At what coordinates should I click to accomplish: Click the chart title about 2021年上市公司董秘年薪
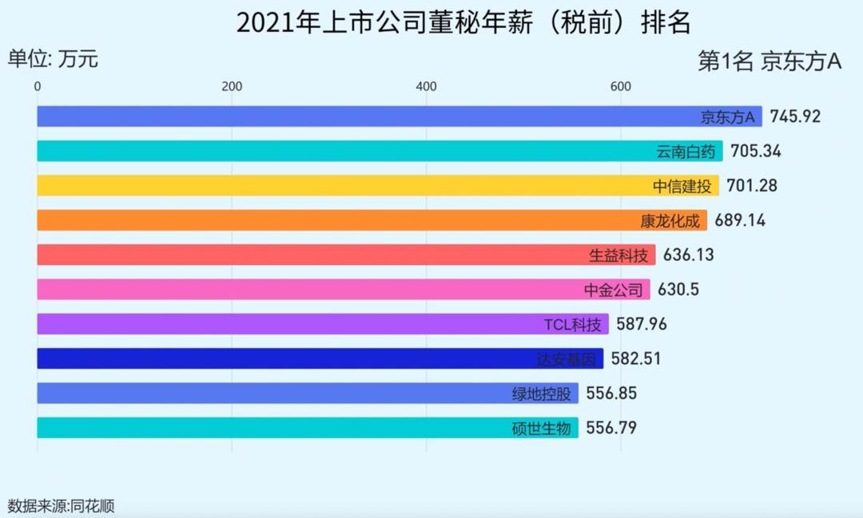[463, 23]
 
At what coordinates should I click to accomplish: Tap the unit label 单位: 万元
[53, 59]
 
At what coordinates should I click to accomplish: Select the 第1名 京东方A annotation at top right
[770, 62]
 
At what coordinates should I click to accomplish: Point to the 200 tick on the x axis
[232, 87]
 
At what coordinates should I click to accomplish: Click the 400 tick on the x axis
[426, 87]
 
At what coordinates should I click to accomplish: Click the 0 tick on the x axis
[38, 87]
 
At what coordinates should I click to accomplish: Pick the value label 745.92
[795, 117]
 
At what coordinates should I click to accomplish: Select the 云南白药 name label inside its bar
[685, 152]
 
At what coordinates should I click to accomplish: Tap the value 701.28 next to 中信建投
[751, 186]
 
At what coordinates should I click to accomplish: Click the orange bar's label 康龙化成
[670, 220]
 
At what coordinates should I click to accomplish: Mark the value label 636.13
[688, 255]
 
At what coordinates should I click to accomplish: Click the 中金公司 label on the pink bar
[614, 290]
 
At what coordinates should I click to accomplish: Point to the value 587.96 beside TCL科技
[642, 324]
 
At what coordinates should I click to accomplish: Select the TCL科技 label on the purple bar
[571, 325]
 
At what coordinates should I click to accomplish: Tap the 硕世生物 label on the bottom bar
[542, 429]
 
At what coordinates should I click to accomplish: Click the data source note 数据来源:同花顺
[62, 505]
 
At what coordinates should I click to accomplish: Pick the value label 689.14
[740, 220]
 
